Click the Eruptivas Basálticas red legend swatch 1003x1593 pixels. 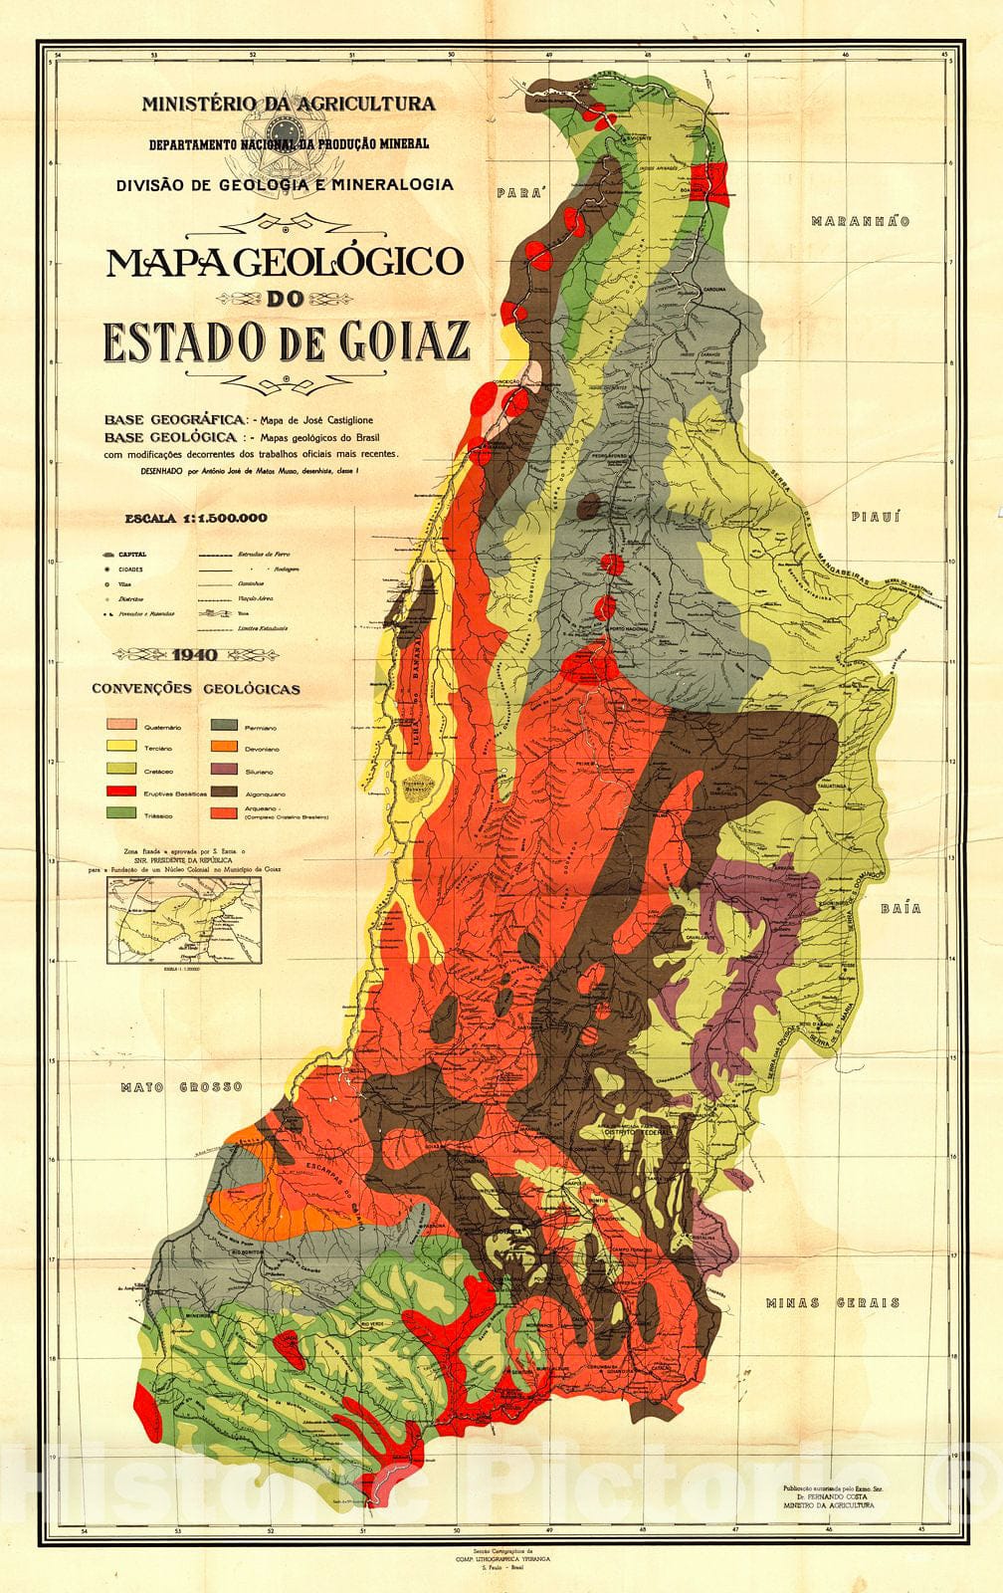click(x=124, y=793)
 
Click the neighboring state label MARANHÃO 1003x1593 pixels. click(x=860, y=221)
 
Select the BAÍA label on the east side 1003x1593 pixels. click(x=901, y=908)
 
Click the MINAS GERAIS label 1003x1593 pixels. click(x=832, y=1302)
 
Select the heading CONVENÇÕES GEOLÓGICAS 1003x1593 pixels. click(x=195, y=689)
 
